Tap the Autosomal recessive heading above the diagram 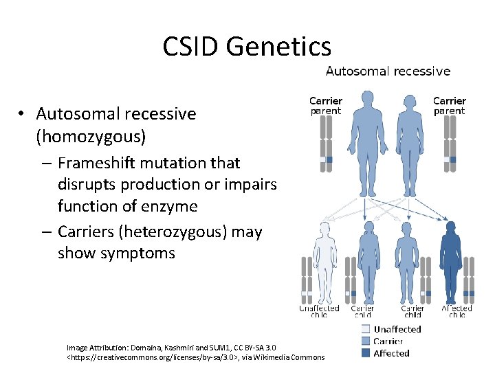click(388, 71)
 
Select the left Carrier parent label click(325, 106)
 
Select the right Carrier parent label click(449, 106)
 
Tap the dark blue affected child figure click(451, 261)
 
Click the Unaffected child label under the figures click(319, 311)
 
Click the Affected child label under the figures click(456, 311)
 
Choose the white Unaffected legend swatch click(365, 329)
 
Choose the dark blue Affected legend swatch click(365, 353)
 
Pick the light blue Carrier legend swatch click(365, 341)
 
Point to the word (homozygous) click(91, 136)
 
